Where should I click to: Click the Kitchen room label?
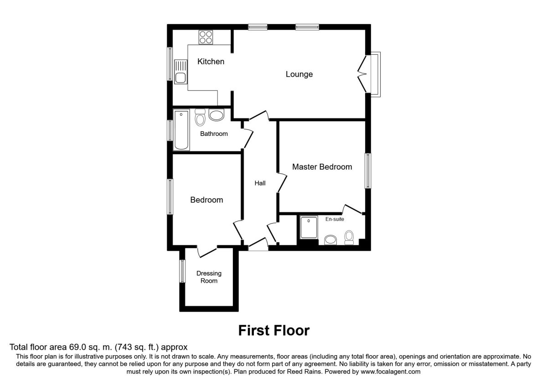coord(211,62)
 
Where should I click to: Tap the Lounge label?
coord(299,74)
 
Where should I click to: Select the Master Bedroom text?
coord(322,167)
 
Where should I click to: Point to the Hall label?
coord(260,183)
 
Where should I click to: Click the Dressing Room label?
coord(209,277)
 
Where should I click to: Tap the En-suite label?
coord(335,219)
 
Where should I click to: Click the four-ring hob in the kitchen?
coord(206,37)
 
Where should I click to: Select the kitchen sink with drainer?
coord(181,72)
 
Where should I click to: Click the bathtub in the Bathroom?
coord(181,129)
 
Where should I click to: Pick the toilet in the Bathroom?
coord(200,117)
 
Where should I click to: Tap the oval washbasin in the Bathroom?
coord(217,115)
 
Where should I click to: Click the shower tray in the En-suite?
coord(309,227)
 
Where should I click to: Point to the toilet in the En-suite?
coord(349,238)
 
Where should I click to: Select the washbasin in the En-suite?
coord(330,240)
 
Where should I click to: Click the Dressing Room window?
coord(182,271)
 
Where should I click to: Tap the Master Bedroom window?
coord(368,171)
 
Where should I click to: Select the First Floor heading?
coord(274,331)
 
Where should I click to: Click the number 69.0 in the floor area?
coord(77,347)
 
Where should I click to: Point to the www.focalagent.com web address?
coord(391,372)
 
